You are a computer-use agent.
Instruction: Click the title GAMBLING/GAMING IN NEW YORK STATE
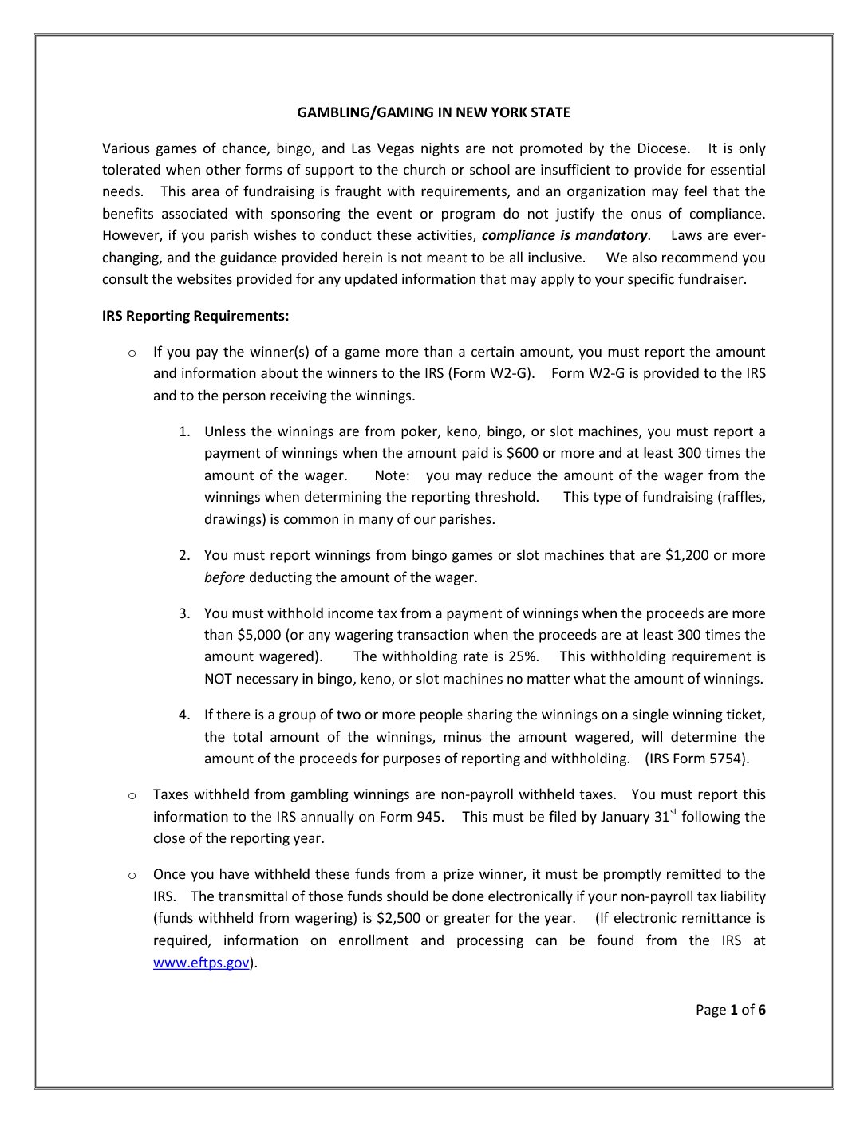coord(433,112)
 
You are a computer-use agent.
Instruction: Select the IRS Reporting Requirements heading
coord(195,316)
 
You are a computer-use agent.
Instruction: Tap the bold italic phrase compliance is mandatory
coord(565,235)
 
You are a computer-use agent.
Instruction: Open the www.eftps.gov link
coord(201,963)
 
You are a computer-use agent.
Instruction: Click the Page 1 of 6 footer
coord(730,1010)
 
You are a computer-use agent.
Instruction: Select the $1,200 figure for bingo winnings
coord(686,555)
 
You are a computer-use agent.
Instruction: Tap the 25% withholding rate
coord(523,657)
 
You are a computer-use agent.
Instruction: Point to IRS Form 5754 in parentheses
coord(696,759)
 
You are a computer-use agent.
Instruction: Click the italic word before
coord(224,577)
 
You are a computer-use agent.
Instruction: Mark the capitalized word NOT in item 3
coord(218,680)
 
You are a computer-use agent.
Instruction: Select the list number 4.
coord(184,715)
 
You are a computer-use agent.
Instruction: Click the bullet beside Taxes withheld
coord(132,795)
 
